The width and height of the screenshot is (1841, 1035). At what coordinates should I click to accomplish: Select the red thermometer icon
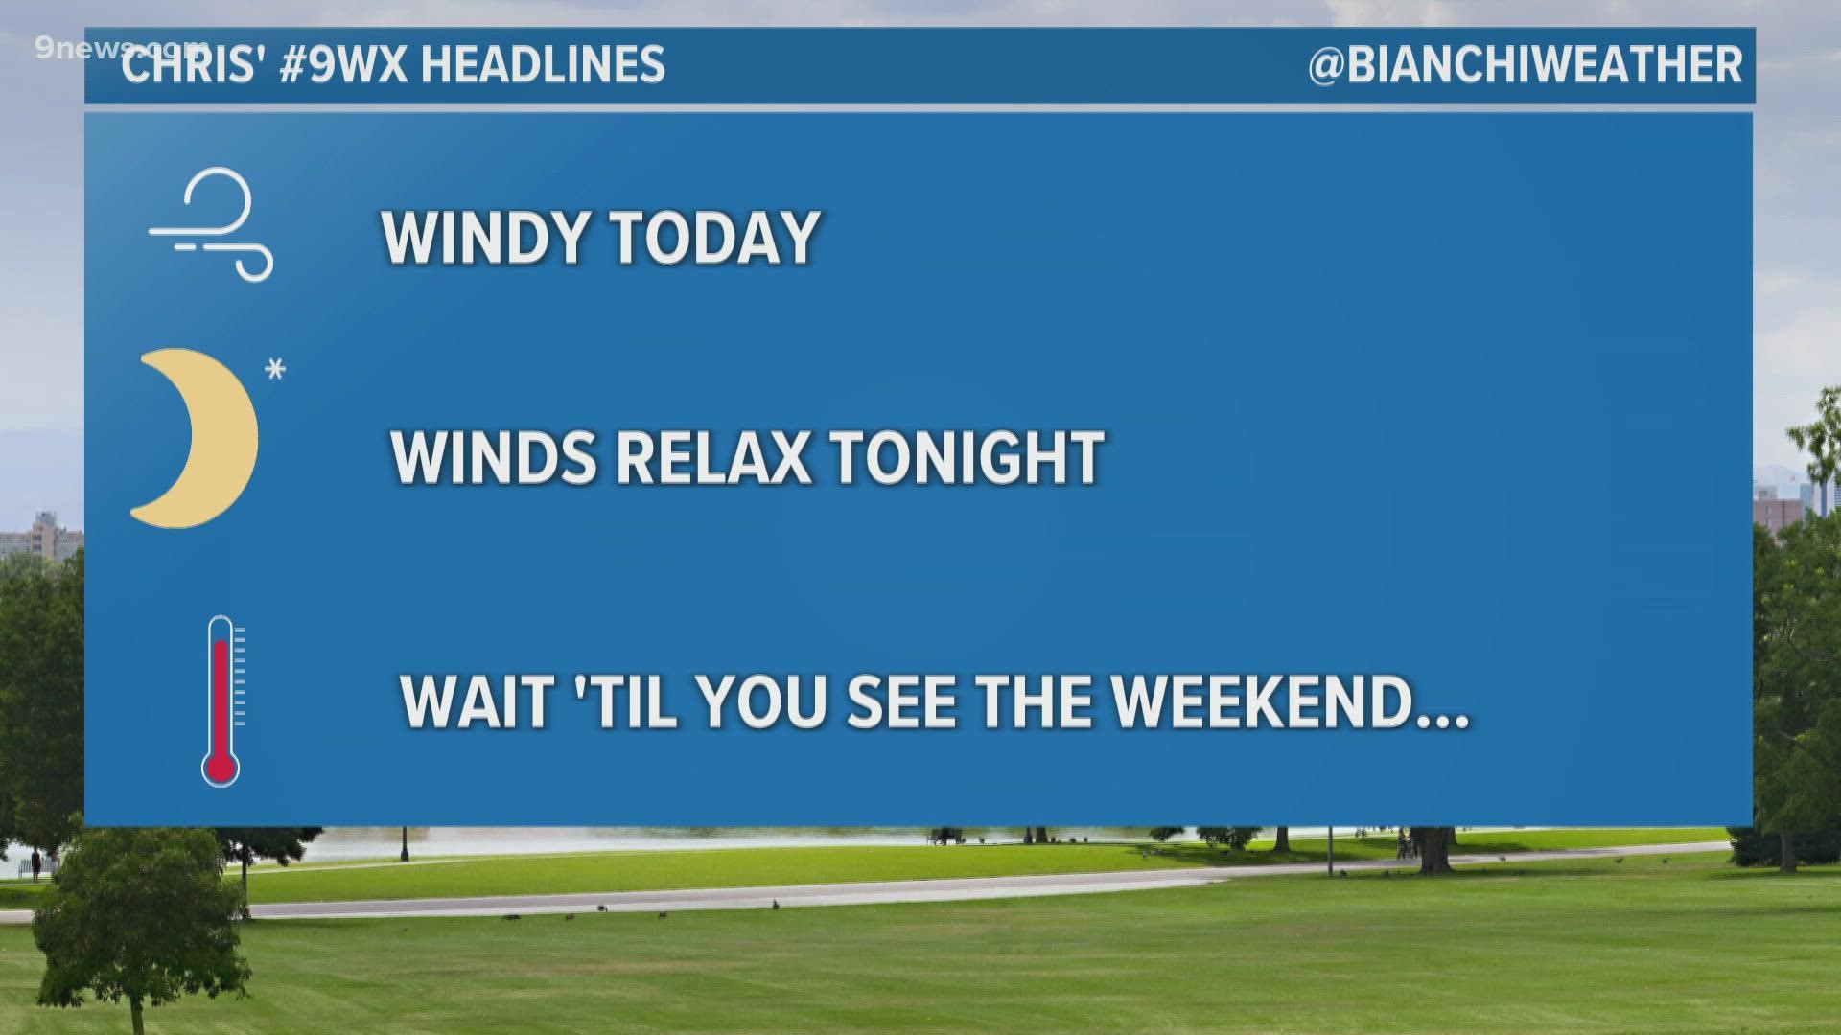click(221, 700)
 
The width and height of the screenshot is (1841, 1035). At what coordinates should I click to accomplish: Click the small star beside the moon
click(276, 369)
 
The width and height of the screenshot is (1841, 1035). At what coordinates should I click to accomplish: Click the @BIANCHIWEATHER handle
click(1526, 65)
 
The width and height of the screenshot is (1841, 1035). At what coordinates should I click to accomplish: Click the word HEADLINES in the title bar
click(543, 65)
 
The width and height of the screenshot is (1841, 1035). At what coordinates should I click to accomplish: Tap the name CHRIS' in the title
click(189, 65)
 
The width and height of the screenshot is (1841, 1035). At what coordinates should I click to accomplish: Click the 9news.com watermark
click(120, 48)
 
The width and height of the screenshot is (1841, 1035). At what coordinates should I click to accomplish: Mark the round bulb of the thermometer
click(221, 768)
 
